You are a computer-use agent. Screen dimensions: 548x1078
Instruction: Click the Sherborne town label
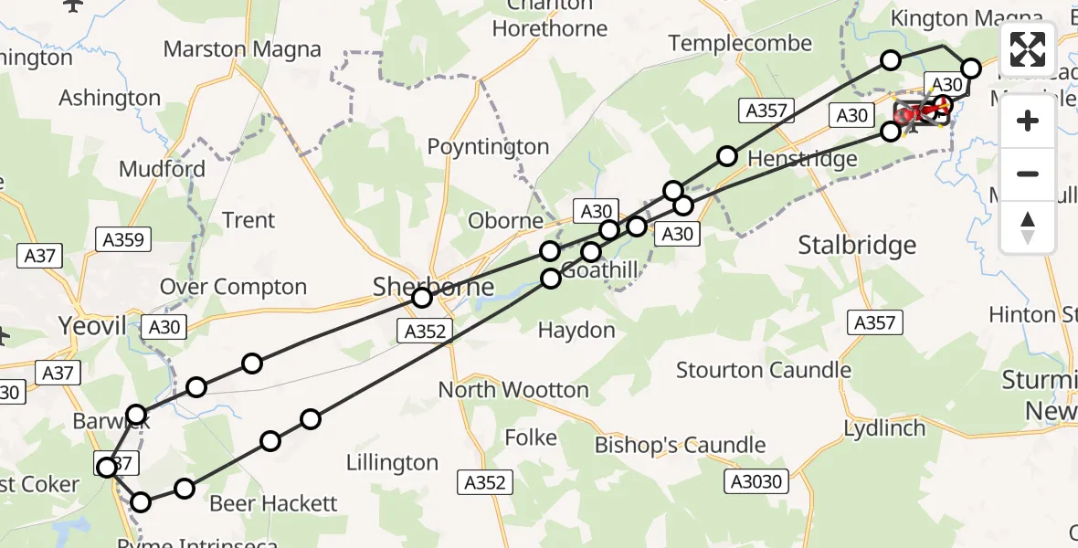click(x=434, y=287)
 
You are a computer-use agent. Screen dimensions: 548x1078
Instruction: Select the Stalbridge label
click(x=857, y=245)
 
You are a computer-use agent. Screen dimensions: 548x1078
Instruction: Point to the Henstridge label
click(x=802, y=159)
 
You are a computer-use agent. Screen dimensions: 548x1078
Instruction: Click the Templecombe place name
click(x=740, y=43)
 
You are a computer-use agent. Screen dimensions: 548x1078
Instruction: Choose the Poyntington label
click(x=489, y=147)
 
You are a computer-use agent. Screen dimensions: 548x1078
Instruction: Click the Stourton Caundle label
click(x=764, y=370)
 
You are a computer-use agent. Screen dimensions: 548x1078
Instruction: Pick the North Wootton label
click(x=513, y=390)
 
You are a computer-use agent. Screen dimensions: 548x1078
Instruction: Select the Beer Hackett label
click(x=273, y=503)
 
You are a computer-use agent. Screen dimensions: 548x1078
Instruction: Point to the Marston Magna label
click(x=242, y=49)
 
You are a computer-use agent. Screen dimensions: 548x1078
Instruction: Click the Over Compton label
click(x=233, y=287)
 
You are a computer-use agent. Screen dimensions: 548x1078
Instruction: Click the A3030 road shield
click(x=757, y=481)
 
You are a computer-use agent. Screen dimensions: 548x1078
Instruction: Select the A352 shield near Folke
click(x=484, y=482)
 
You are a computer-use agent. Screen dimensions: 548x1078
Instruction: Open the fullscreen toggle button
click(x=1028, y=49)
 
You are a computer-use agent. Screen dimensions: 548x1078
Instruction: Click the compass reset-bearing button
click(x=1028, y=227)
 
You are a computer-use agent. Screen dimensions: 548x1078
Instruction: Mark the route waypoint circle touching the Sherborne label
click(x=422, y=298)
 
